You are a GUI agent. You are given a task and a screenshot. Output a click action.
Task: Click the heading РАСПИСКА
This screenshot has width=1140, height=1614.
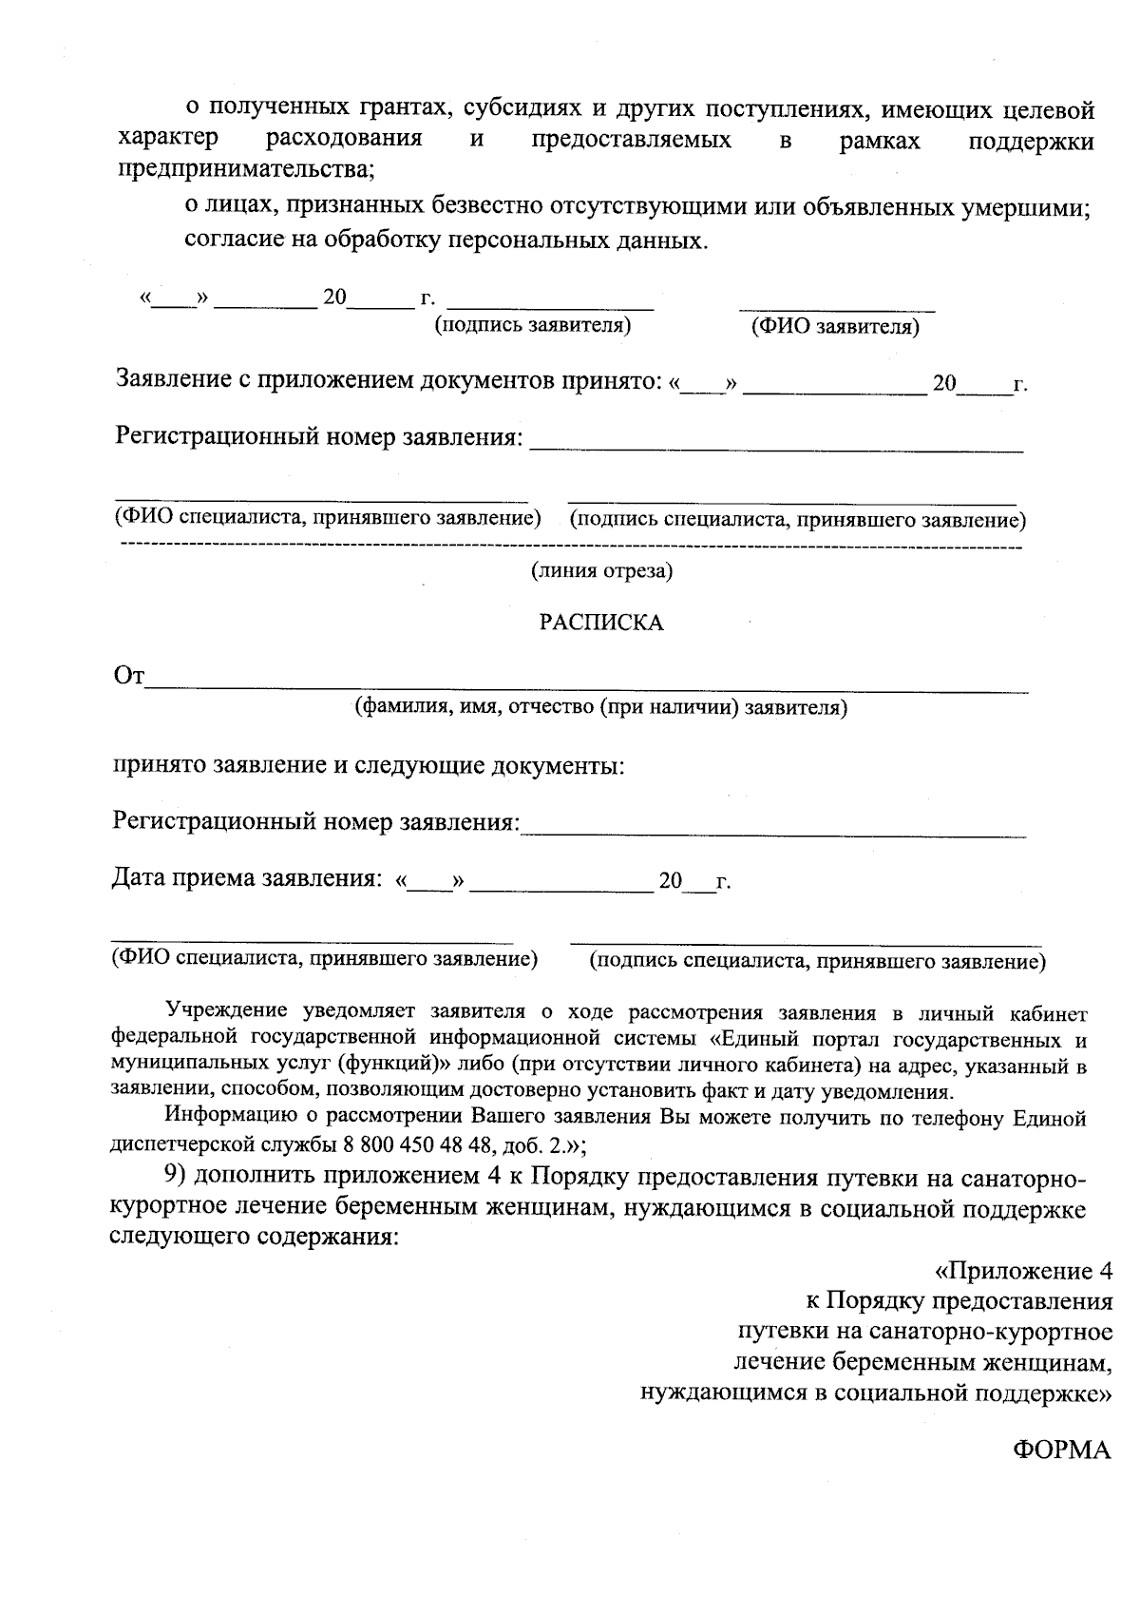(x=601, y=623)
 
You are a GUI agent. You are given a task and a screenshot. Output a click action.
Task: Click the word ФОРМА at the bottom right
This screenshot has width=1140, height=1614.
(x=1061, y=1450)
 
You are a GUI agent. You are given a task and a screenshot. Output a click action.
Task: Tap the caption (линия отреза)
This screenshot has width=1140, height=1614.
(x=601, y=570)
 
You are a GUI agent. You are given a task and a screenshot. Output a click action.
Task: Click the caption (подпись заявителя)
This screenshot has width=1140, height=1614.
(x=533, y=325)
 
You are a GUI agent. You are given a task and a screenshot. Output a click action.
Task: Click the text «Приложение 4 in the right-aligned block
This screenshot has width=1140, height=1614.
(x=1023, y=1271)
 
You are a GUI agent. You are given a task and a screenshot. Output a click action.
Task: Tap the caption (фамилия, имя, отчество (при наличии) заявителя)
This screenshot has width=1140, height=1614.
(x=600, y=707)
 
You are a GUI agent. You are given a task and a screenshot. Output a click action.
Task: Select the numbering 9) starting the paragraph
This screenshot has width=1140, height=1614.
(x=180, y=1176)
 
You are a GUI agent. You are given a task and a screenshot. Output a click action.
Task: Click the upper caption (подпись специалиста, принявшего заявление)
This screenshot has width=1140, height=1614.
(x=797, y=520)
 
